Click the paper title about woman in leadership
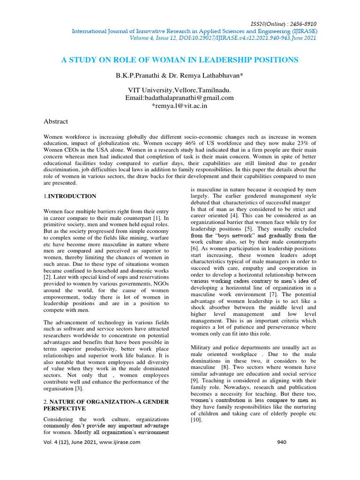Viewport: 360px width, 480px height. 180,60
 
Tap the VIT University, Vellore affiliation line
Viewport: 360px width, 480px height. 180,90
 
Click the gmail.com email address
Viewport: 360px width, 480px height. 180,98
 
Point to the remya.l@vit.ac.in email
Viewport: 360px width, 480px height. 180,106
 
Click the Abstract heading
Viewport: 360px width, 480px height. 56,121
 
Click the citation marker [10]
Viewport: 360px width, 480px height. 196,420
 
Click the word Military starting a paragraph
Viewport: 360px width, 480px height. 202,347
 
